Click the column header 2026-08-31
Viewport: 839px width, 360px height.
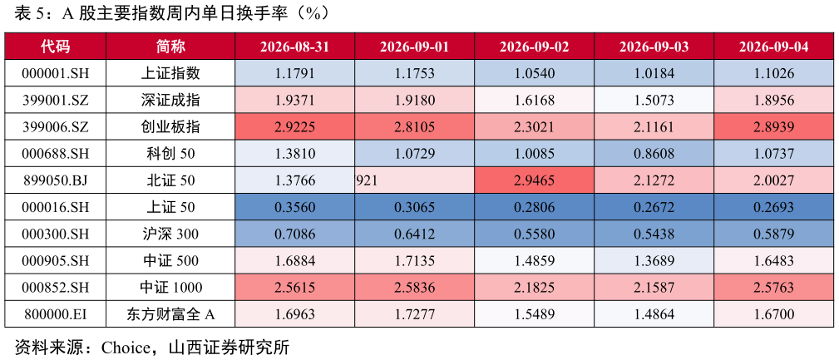pyautogui.click(x=294, y=47)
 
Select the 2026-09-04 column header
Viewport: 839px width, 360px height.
pyautogui.click(x=773, y=47)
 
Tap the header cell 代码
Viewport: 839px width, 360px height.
pyautogui.click(x=56, y=47)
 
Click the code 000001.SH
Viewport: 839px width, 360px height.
pyautogui.click(x=56, y=73)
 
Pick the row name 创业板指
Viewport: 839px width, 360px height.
pyautogui.click(x=171, y=126)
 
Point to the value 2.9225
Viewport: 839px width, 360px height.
pyautogui.click(x=294, y=126)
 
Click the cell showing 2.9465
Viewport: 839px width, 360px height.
pyautogui.click(x=534, y=180)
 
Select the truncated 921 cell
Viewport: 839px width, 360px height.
pyautogui.click(x=368, y=180)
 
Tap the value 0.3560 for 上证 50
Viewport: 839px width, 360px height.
pyautogui.click(x=294, y=208)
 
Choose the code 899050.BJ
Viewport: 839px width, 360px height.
pyautogui.click(x=56, y=180)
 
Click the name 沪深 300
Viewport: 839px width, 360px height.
pyautogui.click(x=171, y=234)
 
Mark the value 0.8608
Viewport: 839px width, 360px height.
pyautogui.click(x=654, y=154)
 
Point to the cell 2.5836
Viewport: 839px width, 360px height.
pyautogui.click(x=414, y=288)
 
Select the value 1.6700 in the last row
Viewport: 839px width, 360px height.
pyautogui.click(x=773, y=315)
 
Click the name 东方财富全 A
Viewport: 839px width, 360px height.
pyautogui.click(x=171, y=315)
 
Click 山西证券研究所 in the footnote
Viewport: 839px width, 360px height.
pyautogui.click(x=229, y=348)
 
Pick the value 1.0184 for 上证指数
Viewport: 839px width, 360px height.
pyautogui.click(x=654, y=73)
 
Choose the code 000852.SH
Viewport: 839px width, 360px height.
pyautogui.click(x=56, y=288)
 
